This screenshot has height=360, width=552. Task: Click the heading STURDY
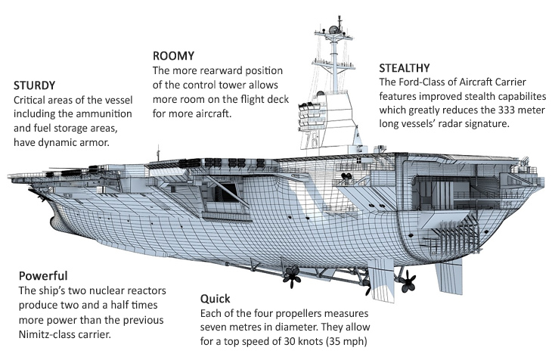coord(34,85)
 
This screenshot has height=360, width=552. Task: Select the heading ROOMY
coord(174,56)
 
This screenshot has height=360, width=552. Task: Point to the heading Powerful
coord(43,275)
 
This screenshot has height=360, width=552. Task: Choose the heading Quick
coord(215,298)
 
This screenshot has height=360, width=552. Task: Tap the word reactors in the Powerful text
coord(145,291)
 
